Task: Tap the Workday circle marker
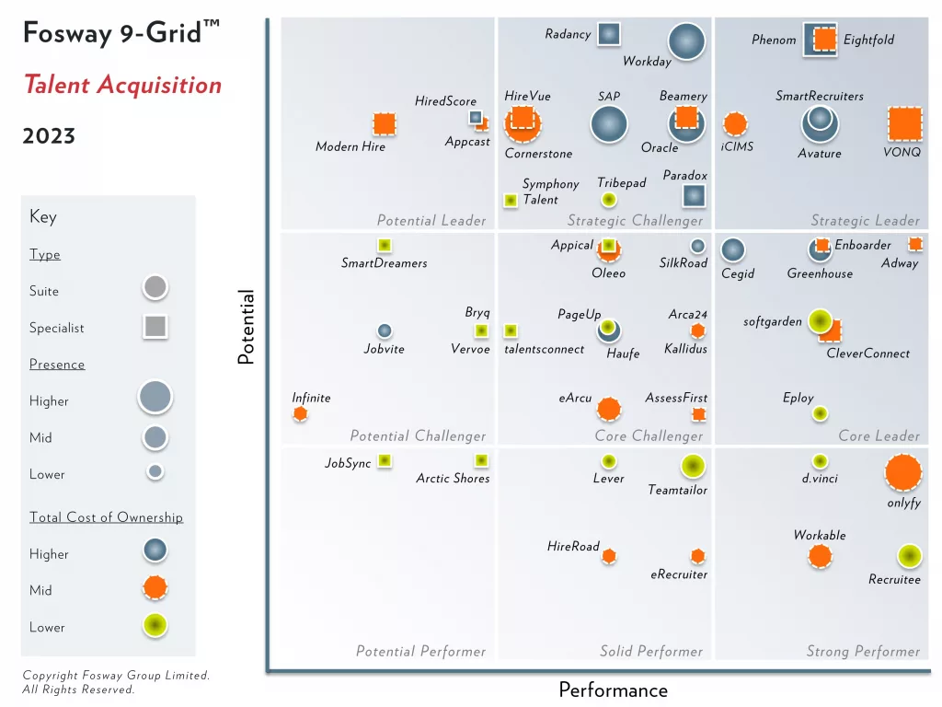[685, 41]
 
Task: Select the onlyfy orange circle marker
[902, 472]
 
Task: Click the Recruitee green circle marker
[909, 556]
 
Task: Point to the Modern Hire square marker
[385, 123]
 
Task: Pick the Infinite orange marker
[300, 414]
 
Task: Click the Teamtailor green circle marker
[693, 467]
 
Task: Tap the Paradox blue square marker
[694, 195]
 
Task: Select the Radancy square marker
[608, 34]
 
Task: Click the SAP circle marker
[608, 124]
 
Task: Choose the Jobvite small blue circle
[385, 330]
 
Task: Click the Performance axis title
[613, 690]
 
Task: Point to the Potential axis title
[246, 328]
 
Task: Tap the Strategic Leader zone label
[865, 220]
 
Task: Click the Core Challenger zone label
[649, 435]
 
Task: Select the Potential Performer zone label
[420, 651]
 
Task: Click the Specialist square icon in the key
[155, 326]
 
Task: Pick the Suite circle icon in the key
[155, 288]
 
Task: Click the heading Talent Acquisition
[122, 86]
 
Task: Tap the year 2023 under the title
[49, 136]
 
